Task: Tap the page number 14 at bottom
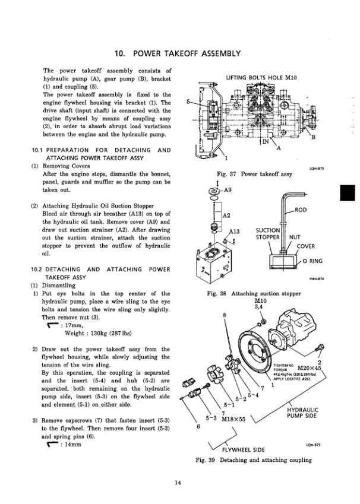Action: [178, 481]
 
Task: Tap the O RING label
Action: [313, 261]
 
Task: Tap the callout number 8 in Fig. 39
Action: [224, 316]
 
